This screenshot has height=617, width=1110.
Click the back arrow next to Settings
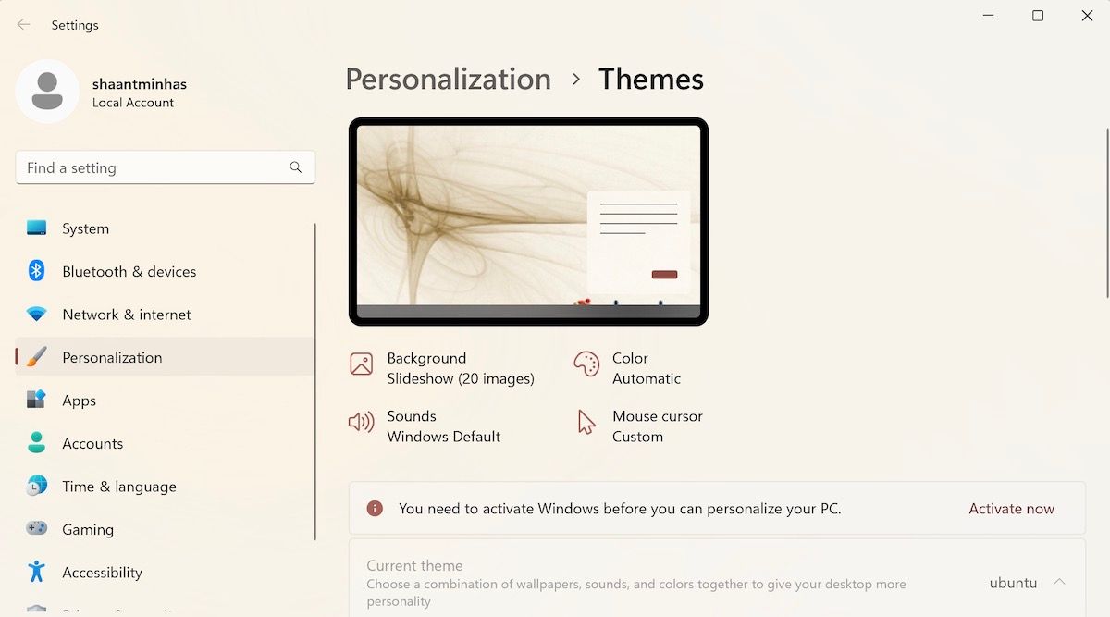(24, 25)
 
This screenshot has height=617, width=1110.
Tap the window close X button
(1087, 16)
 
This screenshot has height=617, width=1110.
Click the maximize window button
(1038, 16)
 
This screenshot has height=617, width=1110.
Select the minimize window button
(988, 16)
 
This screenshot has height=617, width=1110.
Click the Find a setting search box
(153, 167)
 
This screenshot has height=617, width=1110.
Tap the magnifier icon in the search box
(296, 167)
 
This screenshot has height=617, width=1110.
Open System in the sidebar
(85, 228)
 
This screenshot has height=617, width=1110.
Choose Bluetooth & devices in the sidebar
(129, 271)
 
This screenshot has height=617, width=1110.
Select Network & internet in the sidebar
(126, 315)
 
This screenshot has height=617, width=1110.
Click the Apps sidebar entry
(79, 401)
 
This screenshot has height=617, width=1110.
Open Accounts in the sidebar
(92, 443)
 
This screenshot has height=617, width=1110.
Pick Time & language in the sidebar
(118, 487)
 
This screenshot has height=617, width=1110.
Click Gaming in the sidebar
(88, 529)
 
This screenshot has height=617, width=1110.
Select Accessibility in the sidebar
(102, 573)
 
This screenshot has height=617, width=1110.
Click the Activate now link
(1011, 509)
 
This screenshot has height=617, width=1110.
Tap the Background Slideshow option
(460, 368)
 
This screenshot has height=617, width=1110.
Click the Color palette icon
(586, 364)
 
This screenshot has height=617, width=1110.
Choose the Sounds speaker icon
(361, 423)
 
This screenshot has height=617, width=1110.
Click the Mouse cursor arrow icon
(586, 423)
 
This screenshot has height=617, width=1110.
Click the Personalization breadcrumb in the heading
(448, 80)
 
